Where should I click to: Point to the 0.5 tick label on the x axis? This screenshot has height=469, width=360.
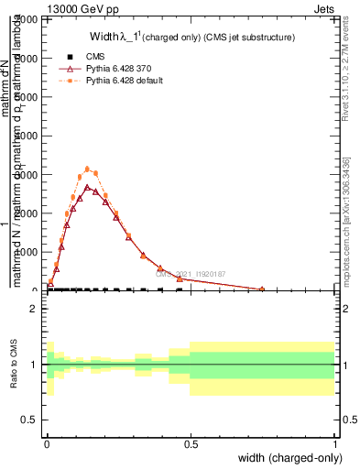(191, 444)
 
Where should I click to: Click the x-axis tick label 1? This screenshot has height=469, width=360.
(335, 444)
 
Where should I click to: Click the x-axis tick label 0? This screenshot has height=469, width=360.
(47, 444)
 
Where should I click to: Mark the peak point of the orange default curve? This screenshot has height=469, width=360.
(88, 169)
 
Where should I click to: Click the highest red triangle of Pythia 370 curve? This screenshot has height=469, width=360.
(88, 187)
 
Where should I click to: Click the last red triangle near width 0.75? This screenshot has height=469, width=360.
(262, 289)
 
